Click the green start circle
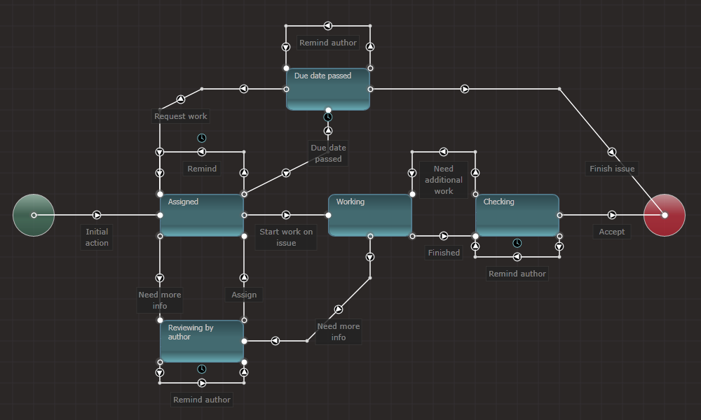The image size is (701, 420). (x=34, y=215)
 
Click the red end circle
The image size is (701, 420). (x=665, y=215)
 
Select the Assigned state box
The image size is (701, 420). (x=202, y=215)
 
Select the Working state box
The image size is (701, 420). (x=370, y=215)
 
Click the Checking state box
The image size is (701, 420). (x=517, y=215)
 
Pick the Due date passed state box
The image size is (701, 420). (x=328, y=89)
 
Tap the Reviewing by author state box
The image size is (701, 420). (x=202, y=341)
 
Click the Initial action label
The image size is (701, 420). (x=97, y=237)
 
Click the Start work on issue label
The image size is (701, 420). (x=286, y=237)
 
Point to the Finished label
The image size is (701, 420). (x=444, y=253)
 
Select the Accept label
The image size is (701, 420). (x=612, y=232)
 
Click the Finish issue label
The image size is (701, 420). (x=612, y=169)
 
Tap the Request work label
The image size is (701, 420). (x=181, y=116)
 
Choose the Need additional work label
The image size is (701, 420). (x=444, y=180)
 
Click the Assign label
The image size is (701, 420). (x=244, y=295)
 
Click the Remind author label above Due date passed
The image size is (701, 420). (x=328, y=43)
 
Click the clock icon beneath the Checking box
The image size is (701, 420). (x=517, y=243)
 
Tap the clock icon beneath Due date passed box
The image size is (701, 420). (x=328, y=117)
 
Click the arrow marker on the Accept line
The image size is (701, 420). (x=612, y=215)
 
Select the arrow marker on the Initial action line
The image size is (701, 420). (x=97, y=215)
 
